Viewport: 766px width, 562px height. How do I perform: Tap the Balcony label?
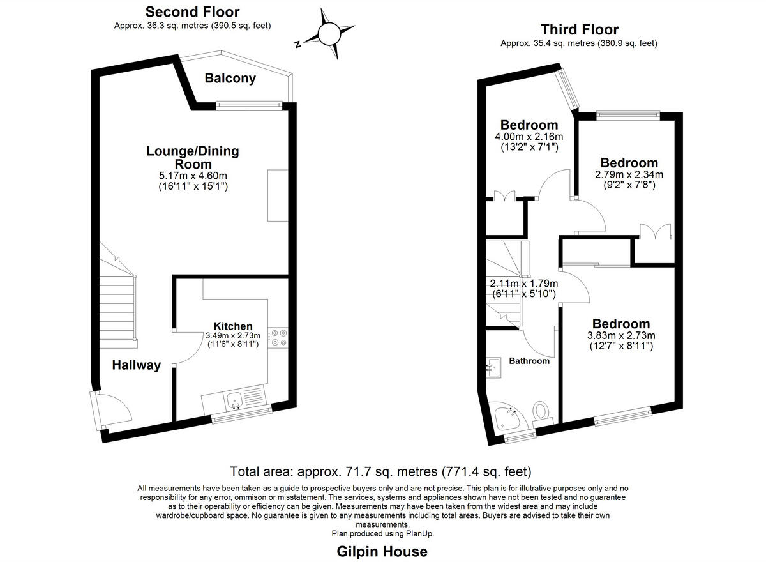[230, 79]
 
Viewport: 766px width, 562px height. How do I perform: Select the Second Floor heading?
[192, 12]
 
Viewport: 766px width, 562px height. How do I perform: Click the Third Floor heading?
[579, 29]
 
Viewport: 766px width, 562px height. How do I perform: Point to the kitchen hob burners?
[278, 337]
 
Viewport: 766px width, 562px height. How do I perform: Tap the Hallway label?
[137, 365]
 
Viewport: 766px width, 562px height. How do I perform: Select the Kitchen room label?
[233, 326]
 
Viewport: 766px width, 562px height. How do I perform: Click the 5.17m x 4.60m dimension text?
[193, 176]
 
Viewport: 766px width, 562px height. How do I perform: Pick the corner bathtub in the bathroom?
[507, 417]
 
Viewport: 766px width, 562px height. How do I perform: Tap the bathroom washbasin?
[493, 367]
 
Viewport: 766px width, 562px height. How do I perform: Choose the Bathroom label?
[529, 361]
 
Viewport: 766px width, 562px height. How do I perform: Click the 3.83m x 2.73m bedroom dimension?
[620, 335]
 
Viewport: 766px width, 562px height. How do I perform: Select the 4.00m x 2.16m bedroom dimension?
[529, 137]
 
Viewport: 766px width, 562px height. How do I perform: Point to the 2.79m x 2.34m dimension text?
[629, 174]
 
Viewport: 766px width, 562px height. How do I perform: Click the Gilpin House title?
[382, 551]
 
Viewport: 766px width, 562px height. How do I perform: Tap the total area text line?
[381, 473]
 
